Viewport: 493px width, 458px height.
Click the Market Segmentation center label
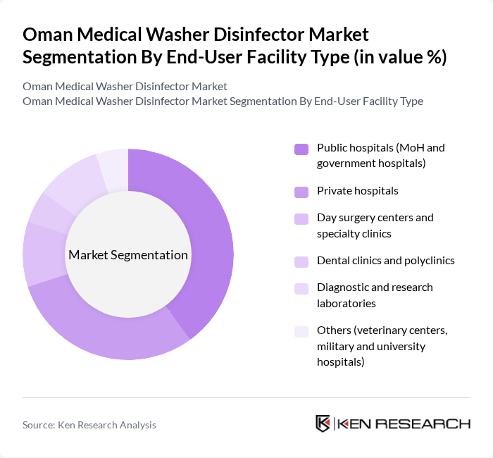pos(128,255)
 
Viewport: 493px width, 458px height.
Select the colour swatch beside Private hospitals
pos(301,192)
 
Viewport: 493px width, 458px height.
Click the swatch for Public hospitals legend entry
pos(301,149)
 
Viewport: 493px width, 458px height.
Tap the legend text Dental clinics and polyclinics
pos(385,261)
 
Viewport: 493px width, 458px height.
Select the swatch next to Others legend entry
pos(301,331)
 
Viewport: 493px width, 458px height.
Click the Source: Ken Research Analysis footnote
pos(89,425)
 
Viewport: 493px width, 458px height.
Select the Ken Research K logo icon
pos(323,423)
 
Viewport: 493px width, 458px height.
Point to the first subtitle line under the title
pos(125,86)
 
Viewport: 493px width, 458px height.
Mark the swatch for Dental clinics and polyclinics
pos(301,261)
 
